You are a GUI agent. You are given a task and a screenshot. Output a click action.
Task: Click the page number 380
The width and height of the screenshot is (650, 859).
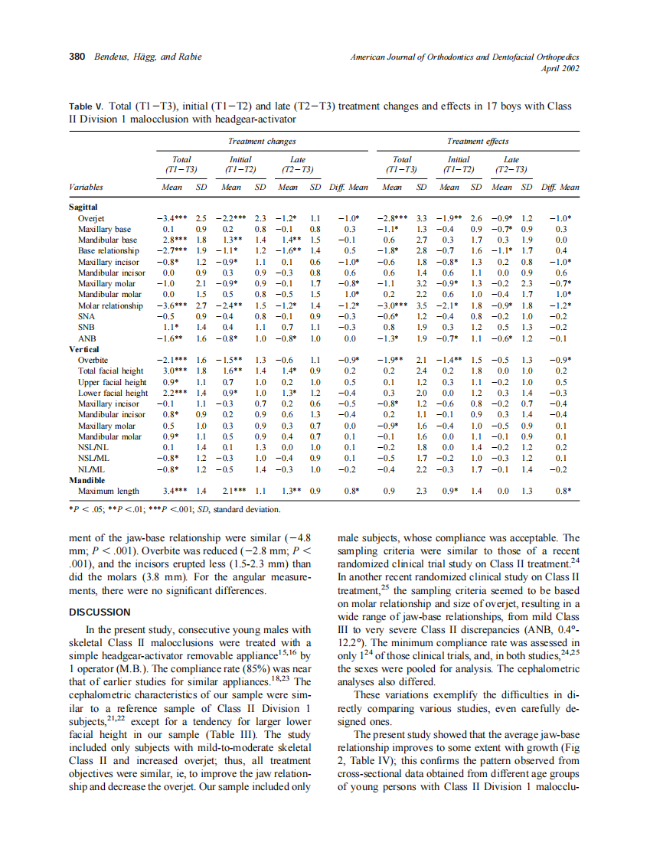[77, 58]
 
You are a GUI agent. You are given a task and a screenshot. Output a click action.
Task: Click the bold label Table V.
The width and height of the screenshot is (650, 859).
[87, 106]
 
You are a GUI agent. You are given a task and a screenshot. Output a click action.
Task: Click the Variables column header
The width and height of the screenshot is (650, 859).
[86, 187]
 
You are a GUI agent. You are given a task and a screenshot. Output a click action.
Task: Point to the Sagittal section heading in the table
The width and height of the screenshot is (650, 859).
[83, 207]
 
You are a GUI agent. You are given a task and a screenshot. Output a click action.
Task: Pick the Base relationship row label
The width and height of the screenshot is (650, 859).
[108, 250]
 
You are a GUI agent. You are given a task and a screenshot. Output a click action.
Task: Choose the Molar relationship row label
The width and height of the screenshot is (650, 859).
[110, 305]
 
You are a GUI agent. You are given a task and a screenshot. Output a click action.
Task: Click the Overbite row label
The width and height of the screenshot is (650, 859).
[93, 360]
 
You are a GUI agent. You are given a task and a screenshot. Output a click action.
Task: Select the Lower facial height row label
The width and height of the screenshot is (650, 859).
[113, 393]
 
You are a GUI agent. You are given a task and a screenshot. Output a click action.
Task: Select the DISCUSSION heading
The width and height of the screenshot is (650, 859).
[100, 612]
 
